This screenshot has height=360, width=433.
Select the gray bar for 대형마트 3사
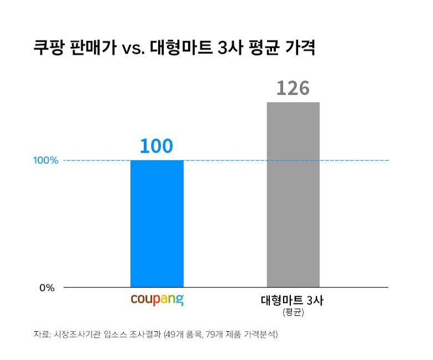(293, 194)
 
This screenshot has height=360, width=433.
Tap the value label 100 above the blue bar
(156, 146)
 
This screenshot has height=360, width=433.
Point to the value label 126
(293, 88)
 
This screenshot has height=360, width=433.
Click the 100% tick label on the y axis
(46, 161)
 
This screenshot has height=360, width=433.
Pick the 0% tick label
(47, 288)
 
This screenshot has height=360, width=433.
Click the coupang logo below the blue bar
(157, 301)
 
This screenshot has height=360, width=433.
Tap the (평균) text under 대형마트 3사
(293, 313)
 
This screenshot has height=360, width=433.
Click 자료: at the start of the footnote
(42, 334)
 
